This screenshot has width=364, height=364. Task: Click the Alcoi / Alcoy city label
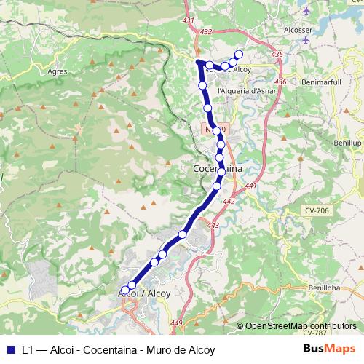coord(144,293)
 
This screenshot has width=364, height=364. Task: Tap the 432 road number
coord(206,31)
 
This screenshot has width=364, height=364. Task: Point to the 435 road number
coord(276,55)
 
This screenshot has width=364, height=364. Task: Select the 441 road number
coord(251,187)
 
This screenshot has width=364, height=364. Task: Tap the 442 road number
coord(229,202)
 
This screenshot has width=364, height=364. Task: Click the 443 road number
coord(213,226)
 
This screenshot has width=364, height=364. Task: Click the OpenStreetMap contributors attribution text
coord(300,326)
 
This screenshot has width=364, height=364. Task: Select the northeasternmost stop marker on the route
coord(238,55)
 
